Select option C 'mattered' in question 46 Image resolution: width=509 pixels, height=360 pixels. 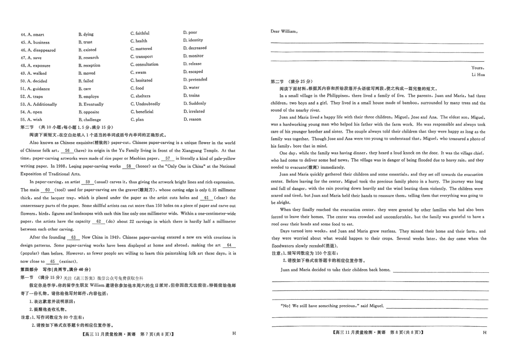click(x=144, y=49)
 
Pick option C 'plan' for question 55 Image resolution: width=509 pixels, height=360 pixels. click(x=140, y=120)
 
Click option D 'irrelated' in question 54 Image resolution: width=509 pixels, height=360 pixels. click(x=196, y=111)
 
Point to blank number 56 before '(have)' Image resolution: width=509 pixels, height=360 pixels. click(x=68, y=151)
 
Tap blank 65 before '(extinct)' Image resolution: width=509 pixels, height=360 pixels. click(x=53, y=261)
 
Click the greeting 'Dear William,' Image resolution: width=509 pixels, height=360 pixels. click(x=284, y=31)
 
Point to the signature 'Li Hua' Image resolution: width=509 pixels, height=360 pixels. click(x=478, y=75)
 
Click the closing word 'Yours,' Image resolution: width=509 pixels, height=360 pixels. click(x=477, y=67)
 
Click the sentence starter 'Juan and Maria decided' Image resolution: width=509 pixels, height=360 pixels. click(x=306, y=270)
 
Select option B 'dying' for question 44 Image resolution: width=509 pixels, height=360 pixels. click(x=86, y=34)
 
